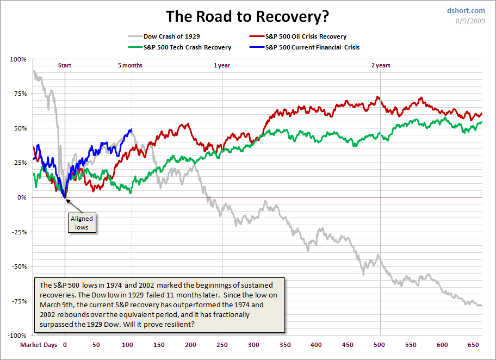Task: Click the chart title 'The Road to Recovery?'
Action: (247, 16)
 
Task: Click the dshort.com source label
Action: (466, 10)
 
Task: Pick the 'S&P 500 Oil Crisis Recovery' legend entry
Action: (306, 37)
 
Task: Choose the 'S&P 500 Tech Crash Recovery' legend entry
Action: (187, 47)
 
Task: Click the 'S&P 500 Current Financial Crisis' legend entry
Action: (312, 47)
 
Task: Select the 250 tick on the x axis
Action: (222, 345)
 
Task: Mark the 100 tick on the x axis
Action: (128, 345)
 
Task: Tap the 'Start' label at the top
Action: (65, 65)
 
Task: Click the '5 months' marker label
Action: (130, 65)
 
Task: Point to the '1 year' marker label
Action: (222, 65)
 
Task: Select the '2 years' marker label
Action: (381, 65)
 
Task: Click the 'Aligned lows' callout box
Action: (82, 222)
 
